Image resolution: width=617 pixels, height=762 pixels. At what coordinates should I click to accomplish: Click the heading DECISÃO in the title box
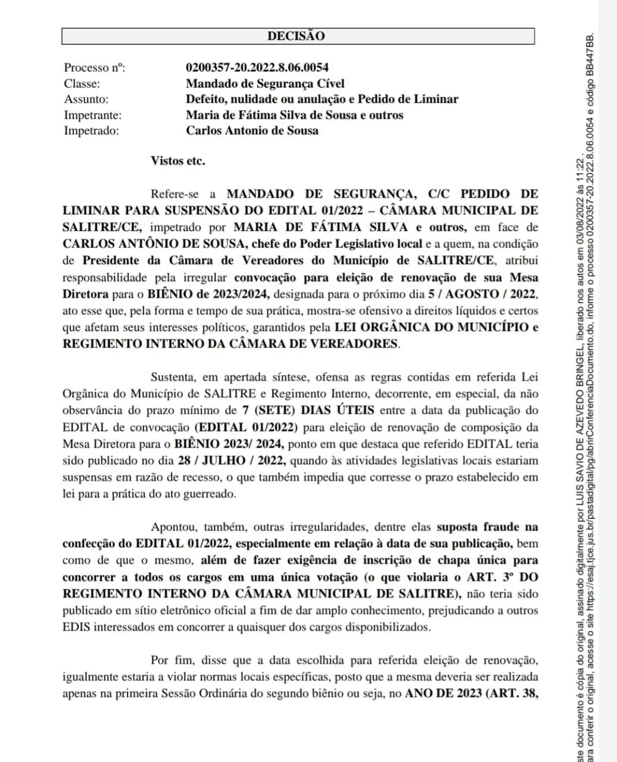point(296,36)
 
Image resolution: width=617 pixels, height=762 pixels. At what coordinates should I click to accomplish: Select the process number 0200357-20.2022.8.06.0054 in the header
point(257,68)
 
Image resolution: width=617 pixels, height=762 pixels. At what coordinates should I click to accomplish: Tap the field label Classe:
point(82,84)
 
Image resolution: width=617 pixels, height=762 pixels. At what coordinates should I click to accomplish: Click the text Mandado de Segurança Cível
point(265,84)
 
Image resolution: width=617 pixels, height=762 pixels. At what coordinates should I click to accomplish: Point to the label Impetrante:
point(92,115)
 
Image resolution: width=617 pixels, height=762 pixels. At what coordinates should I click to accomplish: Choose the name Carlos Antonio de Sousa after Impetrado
point(252,130)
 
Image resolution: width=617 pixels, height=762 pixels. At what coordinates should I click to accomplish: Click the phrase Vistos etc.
point(177,161)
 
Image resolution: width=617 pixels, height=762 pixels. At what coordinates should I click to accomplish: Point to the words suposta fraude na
point(487,527)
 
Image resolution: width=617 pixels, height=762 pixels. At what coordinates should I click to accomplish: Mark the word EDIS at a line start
point(75,627)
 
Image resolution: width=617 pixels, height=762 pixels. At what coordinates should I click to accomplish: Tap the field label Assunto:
point(86,99)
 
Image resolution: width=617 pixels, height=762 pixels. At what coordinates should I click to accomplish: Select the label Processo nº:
point(95,68)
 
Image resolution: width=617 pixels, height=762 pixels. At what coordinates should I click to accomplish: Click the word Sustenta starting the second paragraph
point(173,377)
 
